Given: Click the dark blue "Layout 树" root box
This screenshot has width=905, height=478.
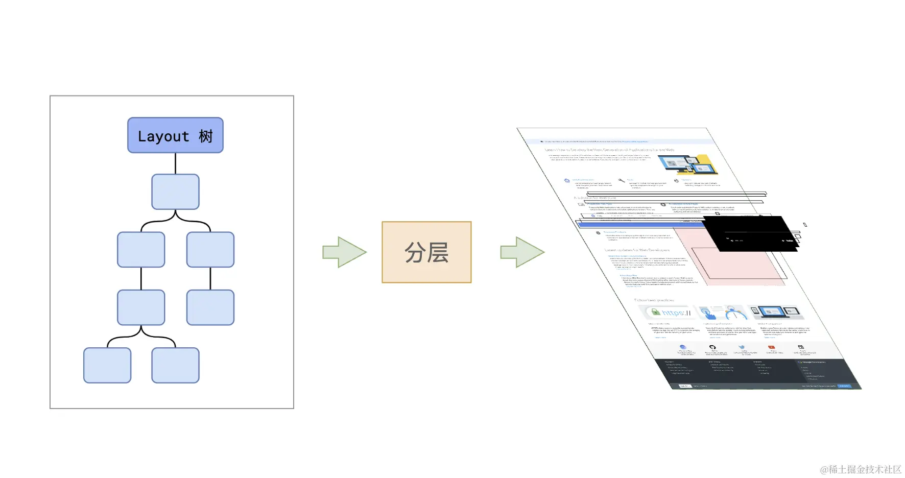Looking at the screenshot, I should click(x=175, y=135).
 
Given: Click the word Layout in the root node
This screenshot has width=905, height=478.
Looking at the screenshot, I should click(x=163, y=137).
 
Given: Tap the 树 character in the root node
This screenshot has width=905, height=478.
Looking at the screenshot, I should click(x=206, y=136).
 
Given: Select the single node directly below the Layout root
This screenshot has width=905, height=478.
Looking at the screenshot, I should click(x=175, y=192).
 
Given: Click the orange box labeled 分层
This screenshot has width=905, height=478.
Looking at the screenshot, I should click(x=426, y=252).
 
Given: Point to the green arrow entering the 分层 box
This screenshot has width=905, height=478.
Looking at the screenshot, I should click(x=344, y=252).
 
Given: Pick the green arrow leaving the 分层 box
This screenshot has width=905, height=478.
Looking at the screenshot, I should click(x=522, y=252).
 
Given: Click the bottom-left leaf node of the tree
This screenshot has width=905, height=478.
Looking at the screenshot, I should click(x=107, y=365).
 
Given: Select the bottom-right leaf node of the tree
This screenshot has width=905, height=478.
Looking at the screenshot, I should click(x=175, y=365).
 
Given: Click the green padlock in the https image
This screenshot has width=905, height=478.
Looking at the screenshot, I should click(x=655, y=312).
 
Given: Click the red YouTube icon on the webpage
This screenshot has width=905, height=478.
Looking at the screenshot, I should click(x=771, y=347).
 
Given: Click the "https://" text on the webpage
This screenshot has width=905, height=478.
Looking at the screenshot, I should click(x=676, y=313).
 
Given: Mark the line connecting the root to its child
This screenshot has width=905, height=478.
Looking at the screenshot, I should click(x=175, y=163).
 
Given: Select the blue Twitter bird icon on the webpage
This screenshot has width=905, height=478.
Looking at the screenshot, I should click(x=742, y=347).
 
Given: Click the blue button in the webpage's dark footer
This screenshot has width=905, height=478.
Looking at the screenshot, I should click(x=844, y=386).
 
